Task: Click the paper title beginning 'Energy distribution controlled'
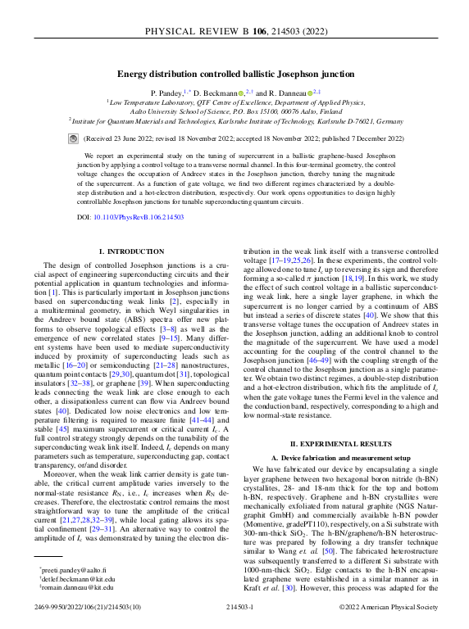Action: (234, 74)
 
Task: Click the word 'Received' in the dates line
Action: (100, 139)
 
